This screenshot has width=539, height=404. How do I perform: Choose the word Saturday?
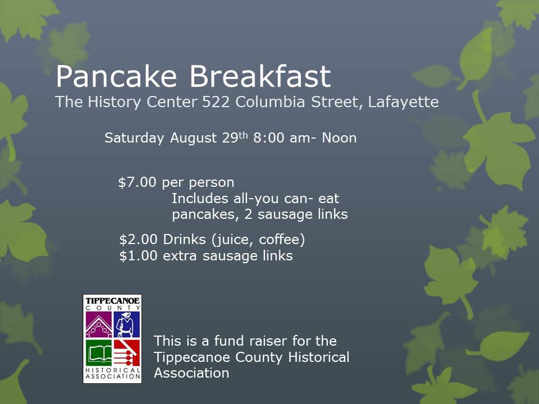pyautogui.click(x=135, y=138)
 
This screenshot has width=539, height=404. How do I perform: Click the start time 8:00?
pyautogui.click(x=269, y=138)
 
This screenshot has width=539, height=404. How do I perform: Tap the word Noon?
pyautogui.click(x=339, y=138)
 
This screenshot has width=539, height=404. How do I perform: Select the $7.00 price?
pyautogui.click(x=138, y=182)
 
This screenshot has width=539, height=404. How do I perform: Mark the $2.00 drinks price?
pyautogui.click(x=139, y=240)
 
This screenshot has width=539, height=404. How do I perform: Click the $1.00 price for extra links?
pyautogui.click(x=139, y=256)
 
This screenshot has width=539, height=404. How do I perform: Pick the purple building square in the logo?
pyautogui.click(x=98, y=325)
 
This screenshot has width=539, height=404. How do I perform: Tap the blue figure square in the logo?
pyautogui.click(x=126, y=325)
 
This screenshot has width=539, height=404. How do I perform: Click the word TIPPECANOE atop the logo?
pyautogui.click(x=112, y=301)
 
